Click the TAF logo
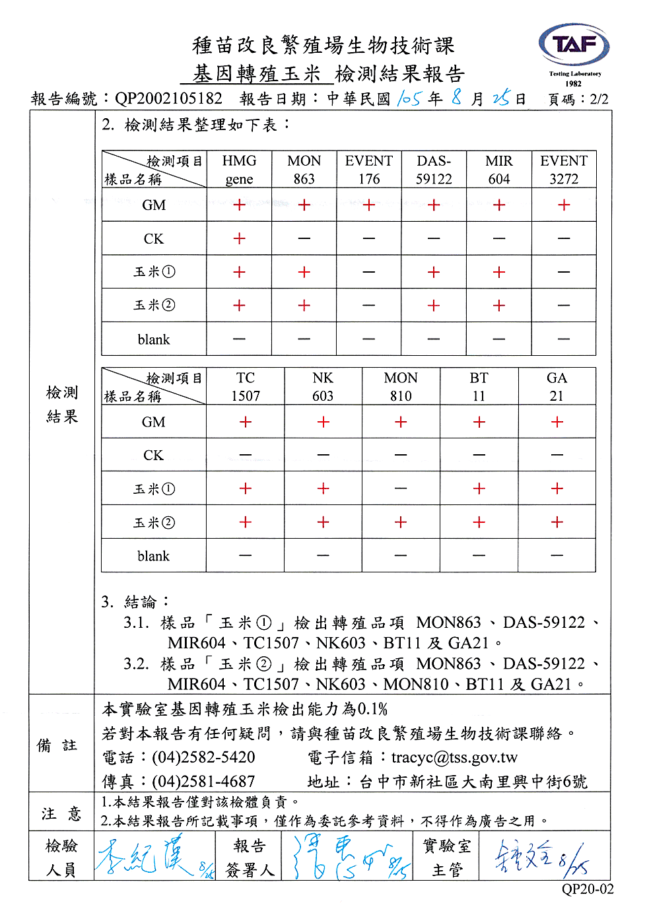click(x=574, y=46)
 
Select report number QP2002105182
click(x=168, y=99)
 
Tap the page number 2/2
click(x=599, y=99)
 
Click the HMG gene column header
click(x=239, y=170)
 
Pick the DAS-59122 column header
click(x=434, y=170)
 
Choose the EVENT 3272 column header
click(x=564, y=170)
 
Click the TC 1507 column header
click(x=246, y=387)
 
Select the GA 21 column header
click(x=557, y=387)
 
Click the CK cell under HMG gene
click(x=239, y=238)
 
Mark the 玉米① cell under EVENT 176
click(x=369, y=272)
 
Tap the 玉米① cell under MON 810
click(x=401, y=489)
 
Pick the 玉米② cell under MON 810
click(x=401, y=522)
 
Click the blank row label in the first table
click(x=154, y=339)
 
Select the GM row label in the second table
click(x=154, y=422)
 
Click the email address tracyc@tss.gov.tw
click(x=454, y=757)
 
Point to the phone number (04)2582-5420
click(x=203, y=757)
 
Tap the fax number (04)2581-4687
click(x=203, y=782)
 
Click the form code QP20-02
click(x=588, y=889)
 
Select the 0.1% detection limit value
click(x=373, y=709)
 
